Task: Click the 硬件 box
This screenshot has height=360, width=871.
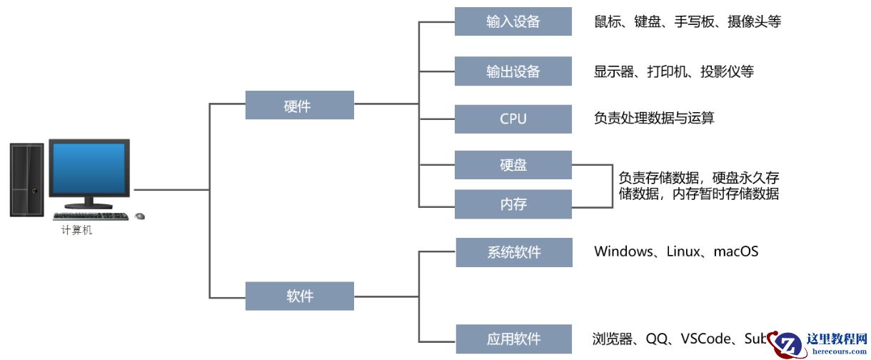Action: click(299, 106)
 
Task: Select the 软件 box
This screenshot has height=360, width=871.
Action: click(299, 296)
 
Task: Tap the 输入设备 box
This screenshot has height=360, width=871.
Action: click(513, 21)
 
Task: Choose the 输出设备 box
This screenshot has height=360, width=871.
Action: click(513, 71)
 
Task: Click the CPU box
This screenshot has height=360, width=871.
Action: click(513, 119)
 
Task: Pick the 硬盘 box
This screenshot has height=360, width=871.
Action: click(513, 165)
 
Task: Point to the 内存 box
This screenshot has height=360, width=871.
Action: click(513, 204)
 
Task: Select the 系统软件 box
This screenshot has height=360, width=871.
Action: click(513, 252)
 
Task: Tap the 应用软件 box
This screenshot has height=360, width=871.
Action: click(513, 339)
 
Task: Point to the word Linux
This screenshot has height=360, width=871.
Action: click(684, 251)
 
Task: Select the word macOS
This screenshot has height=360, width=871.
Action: click(735, 251)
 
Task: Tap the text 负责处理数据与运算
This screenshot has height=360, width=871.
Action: click(654, 118)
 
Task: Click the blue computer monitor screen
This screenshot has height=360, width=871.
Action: click(89, 168)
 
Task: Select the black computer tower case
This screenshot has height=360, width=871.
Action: click(26, 179)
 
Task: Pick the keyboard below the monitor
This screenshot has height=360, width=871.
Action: click(91, 216)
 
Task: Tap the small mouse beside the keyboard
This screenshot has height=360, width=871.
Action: click(140, 216)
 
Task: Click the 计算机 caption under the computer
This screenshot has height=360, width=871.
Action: click(76, 231)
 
